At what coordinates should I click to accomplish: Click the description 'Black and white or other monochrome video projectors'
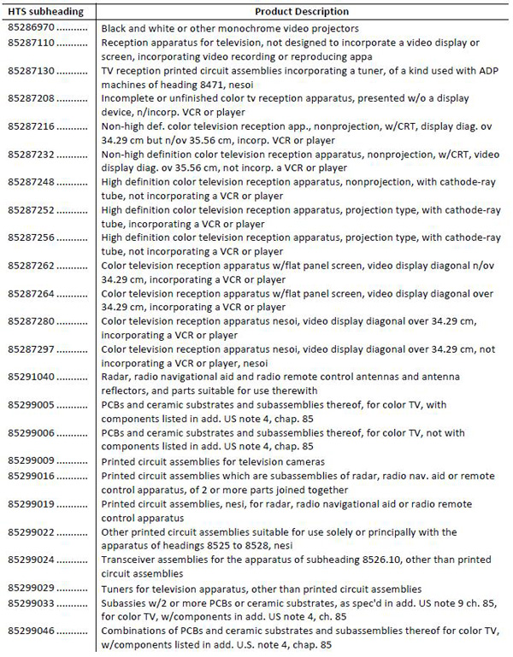tap(231, 28)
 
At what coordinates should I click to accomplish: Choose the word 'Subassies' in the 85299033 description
tap(124, 604)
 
